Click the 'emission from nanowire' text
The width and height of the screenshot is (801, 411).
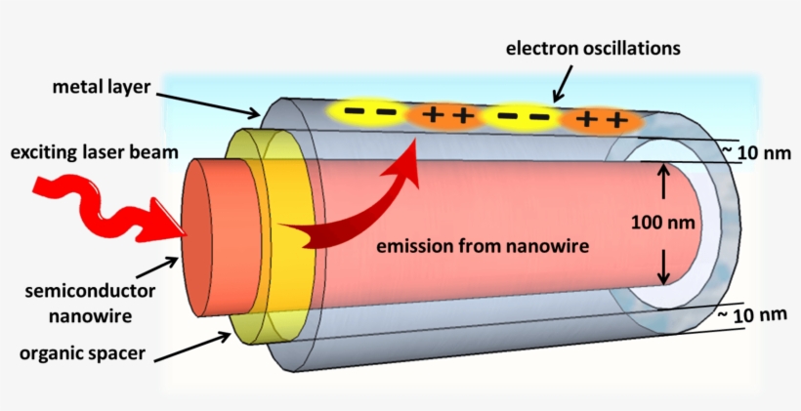484,247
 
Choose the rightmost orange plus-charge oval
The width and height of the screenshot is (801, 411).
599,120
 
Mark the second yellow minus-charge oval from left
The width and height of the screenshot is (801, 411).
522,117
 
